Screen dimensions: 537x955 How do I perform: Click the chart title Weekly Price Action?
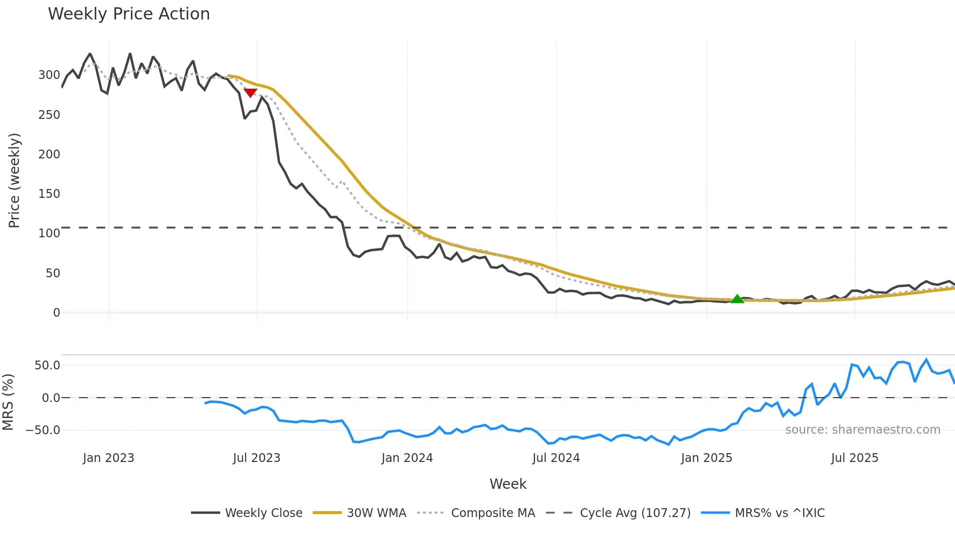pos(129,14)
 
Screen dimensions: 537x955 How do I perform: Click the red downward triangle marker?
pos(250,93)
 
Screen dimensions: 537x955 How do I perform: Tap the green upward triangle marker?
pos(737,299)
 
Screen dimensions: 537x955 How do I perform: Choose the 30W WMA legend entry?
pos(360,513)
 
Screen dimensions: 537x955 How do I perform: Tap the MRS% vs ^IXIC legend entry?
pos(763,513)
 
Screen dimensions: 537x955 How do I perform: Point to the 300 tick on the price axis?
pos(49,75)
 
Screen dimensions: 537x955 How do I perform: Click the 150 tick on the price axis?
pos(49,194)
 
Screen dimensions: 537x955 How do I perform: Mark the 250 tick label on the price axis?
pos(49,115)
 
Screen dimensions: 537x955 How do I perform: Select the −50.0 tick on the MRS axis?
pos(43,430)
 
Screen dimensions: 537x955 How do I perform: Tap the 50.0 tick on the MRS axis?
pos(47,365)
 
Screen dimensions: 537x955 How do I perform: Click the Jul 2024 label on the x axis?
pos(556,458)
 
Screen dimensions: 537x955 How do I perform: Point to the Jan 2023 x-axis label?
pos(108,458)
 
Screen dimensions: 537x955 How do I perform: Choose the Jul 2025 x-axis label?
pos(855,458)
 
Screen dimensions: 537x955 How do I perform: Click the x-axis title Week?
pos(508,484)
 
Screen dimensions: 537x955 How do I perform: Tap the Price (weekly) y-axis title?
pos(14,180)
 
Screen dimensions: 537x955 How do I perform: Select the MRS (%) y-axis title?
pos(8,402)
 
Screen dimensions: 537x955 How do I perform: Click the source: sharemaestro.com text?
pos(862,430)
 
